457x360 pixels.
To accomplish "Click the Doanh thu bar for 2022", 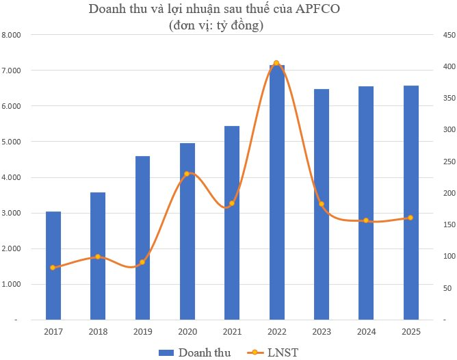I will pyautogui.click(x=276, y=198).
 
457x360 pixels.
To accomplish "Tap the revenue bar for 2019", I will pyautogui.click(x=142, y=240).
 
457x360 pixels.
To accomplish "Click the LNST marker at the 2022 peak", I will pyautogui.click(x=276, y=63).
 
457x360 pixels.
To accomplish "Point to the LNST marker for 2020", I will pyautogui.click(x=187, y=174).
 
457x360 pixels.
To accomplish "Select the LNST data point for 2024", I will pyautogui.click(x=366, y=220).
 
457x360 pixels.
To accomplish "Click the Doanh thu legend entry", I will pyautogui.click(x=194, y=352).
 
